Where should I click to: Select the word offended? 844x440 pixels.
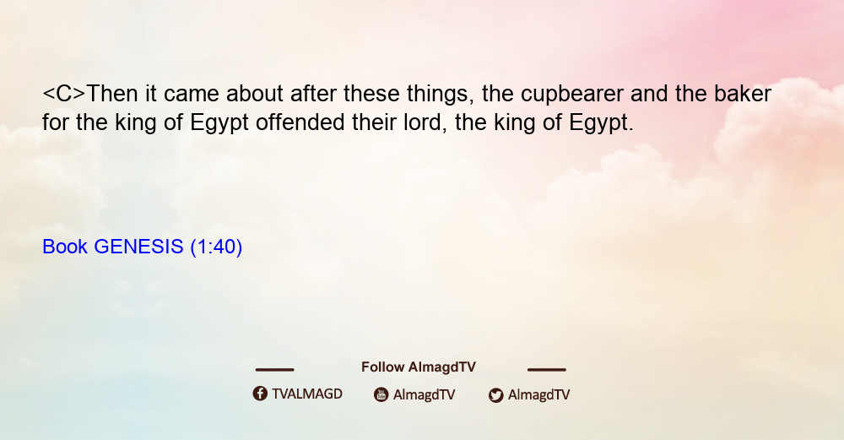click(x=300, y=122)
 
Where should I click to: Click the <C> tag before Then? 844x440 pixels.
click(x=64, y=94)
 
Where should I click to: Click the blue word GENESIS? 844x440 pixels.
click(x=139, y=247)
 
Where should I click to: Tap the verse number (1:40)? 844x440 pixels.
click(x=216, y=247)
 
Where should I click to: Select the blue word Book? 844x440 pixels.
click(x=65, y=247)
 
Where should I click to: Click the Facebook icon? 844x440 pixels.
click(x=260, y=394)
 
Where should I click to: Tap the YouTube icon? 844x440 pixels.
click(x=381, y=394)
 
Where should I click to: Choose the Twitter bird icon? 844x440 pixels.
click(x=496, y=395)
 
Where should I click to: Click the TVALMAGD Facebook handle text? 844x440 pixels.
click(x=307, y=394)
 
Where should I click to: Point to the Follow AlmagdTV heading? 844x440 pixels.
click(x=419, y=367)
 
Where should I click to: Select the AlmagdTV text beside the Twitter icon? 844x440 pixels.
click(x=538, y=394)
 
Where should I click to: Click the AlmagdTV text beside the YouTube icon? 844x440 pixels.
click(x=425, y=394)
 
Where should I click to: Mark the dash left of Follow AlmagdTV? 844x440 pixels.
click(x=274, y=369)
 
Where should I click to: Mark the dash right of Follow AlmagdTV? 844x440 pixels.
click(x=547, y=369)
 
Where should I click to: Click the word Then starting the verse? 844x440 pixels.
click(x=112, y=94)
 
